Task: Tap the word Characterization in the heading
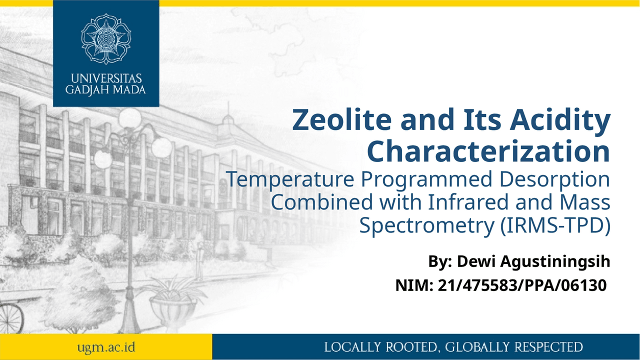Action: point(488,151)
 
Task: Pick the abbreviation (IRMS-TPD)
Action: point(556,225)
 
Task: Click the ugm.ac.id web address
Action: point(105,347)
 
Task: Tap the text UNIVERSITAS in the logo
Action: point(106,79)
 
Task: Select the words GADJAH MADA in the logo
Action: point(106,90)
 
